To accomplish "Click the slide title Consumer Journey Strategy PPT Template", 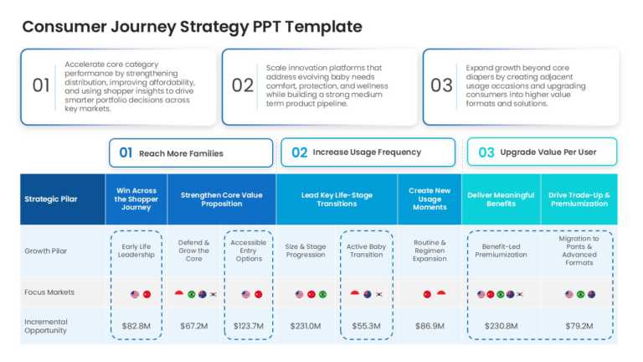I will tap(192, 26).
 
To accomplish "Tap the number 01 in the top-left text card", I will tap(41, 85).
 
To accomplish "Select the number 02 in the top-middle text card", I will tap(242, 85).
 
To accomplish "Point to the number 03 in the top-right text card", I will tap(441, 85).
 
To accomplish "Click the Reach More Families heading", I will tap(181, 153).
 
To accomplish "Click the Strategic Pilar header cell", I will tap(51, 199).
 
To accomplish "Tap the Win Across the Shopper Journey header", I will tap(136, 199).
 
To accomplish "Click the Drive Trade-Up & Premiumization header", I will tap(578, 199).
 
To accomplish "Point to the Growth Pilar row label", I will tap(46, 251).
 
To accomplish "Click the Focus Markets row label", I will tap(49, 292).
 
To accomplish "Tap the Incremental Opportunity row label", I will tap(46, 325).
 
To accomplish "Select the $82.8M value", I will tap(136, 325).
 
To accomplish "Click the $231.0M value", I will tap(306, 325).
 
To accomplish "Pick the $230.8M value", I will tap(501, 325).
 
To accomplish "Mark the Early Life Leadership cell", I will tap(136, 251).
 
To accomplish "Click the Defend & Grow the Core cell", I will tap(193, 251).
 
